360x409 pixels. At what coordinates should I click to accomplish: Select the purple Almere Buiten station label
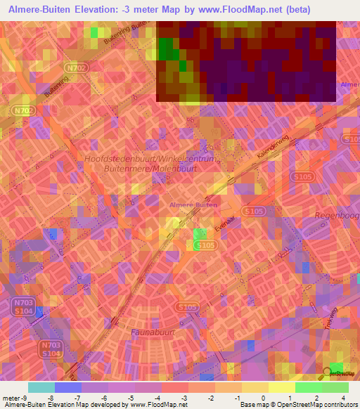coord(193,204)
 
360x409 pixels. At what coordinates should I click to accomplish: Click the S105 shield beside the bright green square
coord(205,245)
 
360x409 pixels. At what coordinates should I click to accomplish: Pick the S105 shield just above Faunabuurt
coord(187,307)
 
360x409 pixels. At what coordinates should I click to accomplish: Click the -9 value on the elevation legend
coord(15,397)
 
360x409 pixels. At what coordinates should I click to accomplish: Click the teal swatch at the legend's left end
coord(41,387)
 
